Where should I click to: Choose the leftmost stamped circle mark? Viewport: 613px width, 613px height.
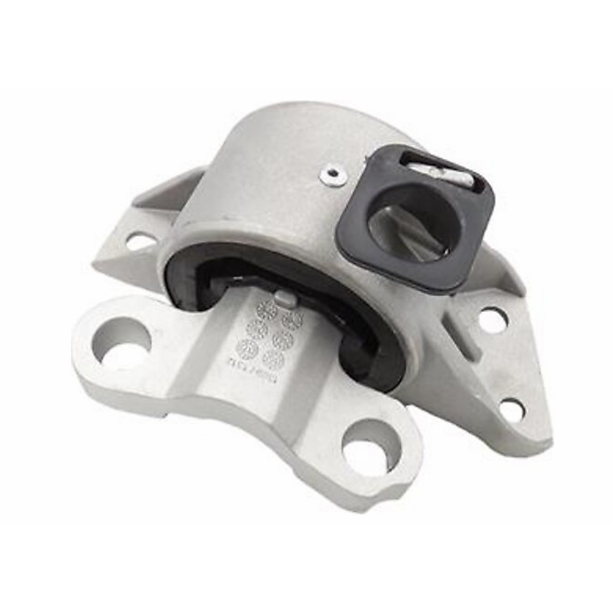coord(248,350)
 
